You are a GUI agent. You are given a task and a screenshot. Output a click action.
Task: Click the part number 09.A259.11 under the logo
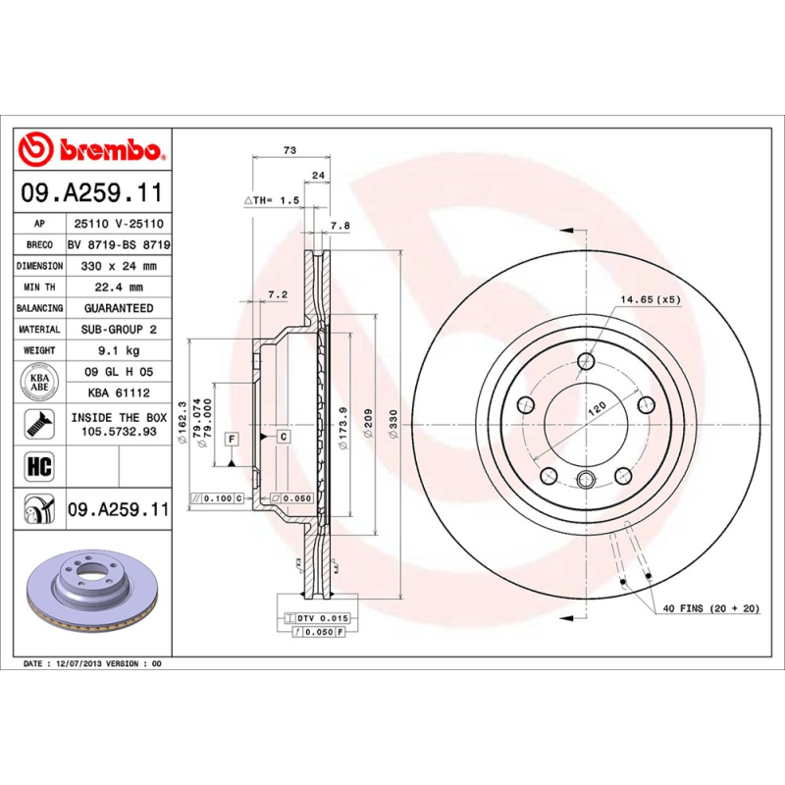(x=95, y=193)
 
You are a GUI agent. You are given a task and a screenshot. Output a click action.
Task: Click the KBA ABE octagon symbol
(x=40, y=381)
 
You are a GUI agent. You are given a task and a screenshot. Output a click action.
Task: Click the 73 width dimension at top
(x=289, y=150)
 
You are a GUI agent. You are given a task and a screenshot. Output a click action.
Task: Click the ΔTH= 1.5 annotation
(x=271, y=200)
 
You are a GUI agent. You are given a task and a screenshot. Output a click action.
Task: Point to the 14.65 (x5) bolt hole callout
(x=650, y=298)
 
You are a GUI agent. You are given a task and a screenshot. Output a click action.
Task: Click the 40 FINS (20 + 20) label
(x=711, y=608)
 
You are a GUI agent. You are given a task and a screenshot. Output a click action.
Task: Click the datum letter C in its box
(x=282, y=436)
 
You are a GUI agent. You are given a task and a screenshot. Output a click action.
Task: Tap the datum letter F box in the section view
(x=232, y=439)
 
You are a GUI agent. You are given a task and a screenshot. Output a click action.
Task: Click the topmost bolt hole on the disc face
(x=586, y=360)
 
